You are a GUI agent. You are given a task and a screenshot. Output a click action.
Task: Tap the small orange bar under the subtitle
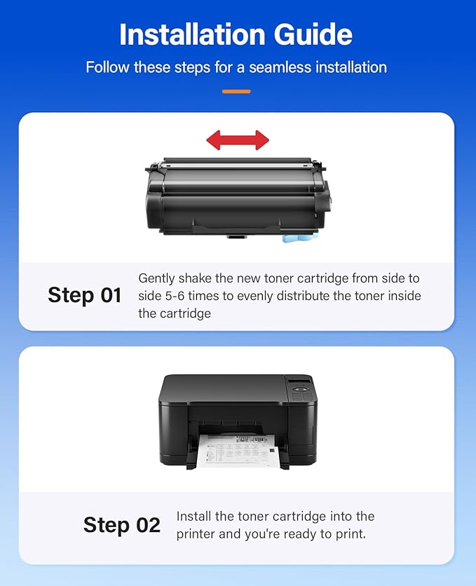236,91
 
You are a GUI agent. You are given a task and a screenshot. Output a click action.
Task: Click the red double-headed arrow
238,139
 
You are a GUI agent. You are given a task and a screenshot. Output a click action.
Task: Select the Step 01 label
84,295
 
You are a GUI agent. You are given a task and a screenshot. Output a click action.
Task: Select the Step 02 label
122,525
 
